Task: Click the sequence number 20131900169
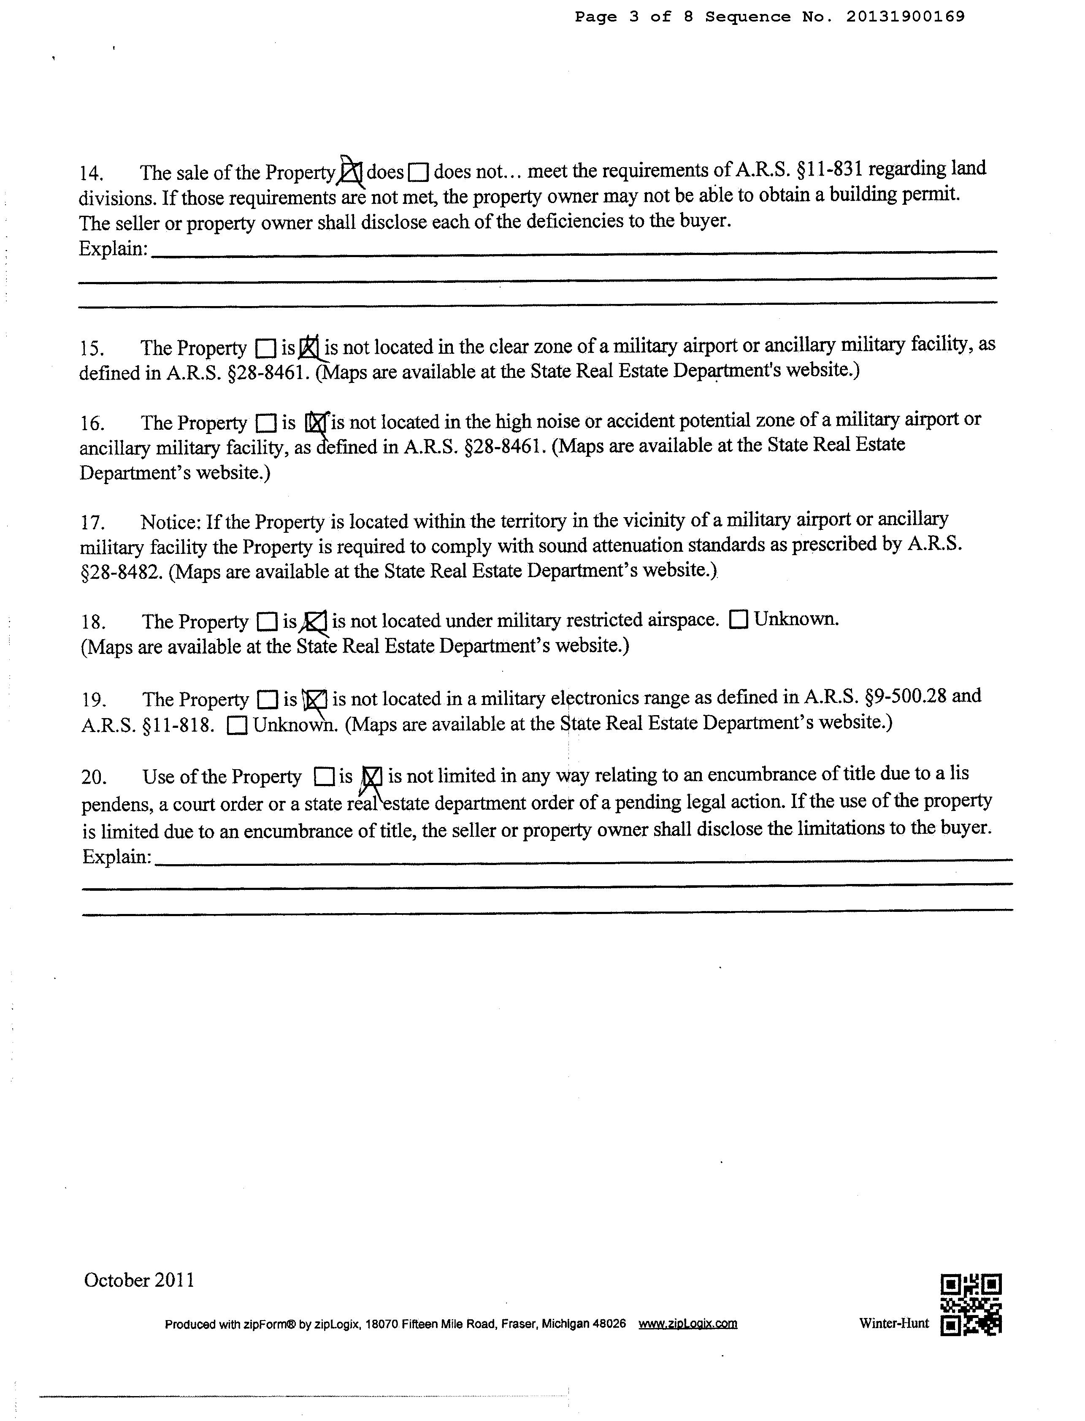(x=906, y=17)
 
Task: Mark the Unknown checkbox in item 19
(x=237, y=726)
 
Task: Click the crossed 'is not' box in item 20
(x=371, y=776)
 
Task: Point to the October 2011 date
(x=139, y=1280)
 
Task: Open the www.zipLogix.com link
(x=688, y=1323)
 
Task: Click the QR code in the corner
(x=971, y=1305)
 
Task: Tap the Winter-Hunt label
(x=894, y=1323)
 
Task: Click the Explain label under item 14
(x=114, y=249)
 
